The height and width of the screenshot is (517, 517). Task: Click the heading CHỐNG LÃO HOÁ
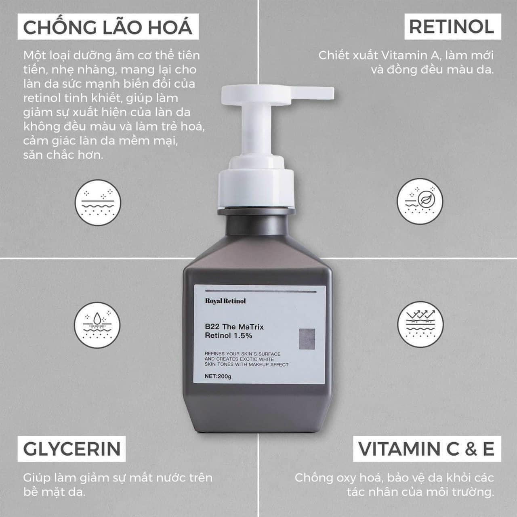(x=108, y=27)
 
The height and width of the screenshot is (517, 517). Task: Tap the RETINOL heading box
(x=452, y=27)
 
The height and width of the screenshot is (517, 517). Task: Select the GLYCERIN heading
(x=72, y=449)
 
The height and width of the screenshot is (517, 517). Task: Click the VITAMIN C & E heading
(x=427, y=449)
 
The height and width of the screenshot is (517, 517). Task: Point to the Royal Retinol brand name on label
(x=225, y=301)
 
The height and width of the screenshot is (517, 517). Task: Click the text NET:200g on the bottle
(x=218, y=377)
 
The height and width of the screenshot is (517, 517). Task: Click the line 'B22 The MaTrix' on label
(x=234, y=327)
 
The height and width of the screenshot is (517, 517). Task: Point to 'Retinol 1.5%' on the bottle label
(x=229, y=335)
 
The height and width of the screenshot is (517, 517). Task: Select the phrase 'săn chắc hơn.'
(x=63, y=155)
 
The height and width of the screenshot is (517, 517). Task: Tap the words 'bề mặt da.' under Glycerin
(x=54, y=492)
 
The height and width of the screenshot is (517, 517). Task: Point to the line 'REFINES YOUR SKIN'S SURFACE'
(x=242, y=354)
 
